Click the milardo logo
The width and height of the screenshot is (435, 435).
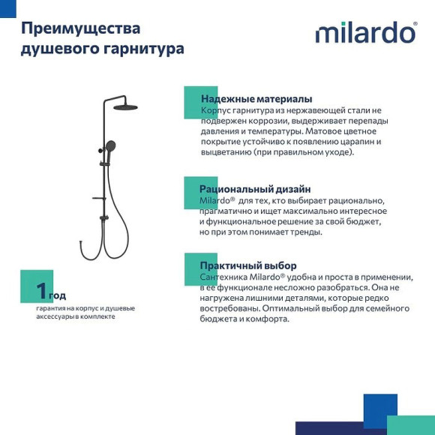click(x=365, y=33)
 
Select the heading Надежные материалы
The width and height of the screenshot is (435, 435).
click(x=256, y=99)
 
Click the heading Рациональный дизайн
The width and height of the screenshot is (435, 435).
click(x=255, y=189)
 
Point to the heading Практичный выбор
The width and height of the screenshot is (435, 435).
click(x=248, y=265)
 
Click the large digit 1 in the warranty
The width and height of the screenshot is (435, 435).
click(x=42, y=290)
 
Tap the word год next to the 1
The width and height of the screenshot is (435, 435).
click(x=58, y=295)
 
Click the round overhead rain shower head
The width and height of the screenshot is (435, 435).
click(x=125, y=107)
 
